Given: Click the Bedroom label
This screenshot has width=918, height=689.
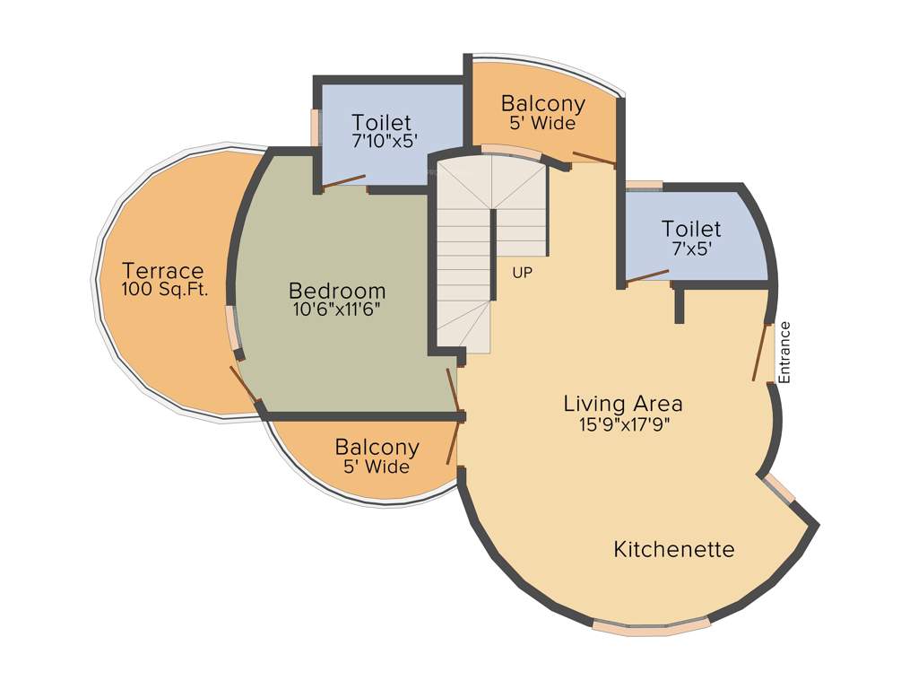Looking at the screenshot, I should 337,291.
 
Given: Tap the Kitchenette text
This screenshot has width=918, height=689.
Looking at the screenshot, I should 673,549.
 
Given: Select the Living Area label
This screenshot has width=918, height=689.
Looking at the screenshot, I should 622,404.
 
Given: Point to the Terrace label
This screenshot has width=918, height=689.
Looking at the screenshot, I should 163,270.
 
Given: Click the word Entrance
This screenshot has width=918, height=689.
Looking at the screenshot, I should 785,352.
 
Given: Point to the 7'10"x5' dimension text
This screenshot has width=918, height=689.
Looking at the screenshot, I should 385,141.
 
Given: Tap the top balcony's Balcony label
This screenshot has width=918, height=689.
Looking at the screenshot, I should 542,103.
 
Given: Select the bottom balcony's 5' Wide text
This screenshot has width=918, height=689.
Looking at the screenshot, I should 376,467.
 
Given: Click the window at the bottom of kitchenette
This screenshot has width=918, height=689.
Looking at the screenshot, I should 651,626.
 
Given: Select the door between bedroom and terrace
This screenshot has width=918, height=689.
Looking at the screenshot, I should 244,385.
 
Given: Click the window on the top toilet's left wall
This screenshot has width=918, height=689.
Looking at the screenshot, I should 316,126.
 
